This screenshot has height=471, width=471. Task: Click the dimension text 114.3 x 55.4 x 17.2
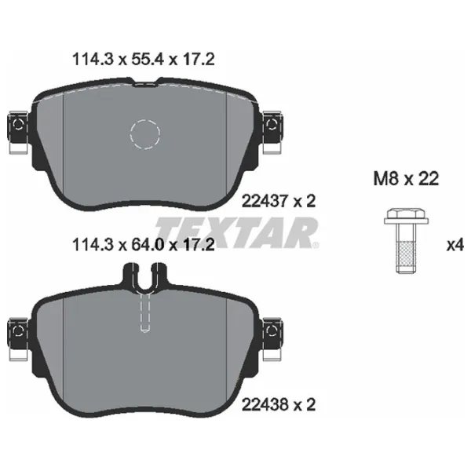coord(143,60)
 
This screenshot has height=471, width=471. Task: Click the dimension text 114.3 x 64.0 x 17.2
coord(143,246)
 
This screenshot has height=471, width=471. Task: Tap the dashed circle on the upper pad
coord(144,133)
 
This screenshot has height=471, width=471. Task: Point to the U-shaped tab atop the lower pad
coord(144,276)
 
